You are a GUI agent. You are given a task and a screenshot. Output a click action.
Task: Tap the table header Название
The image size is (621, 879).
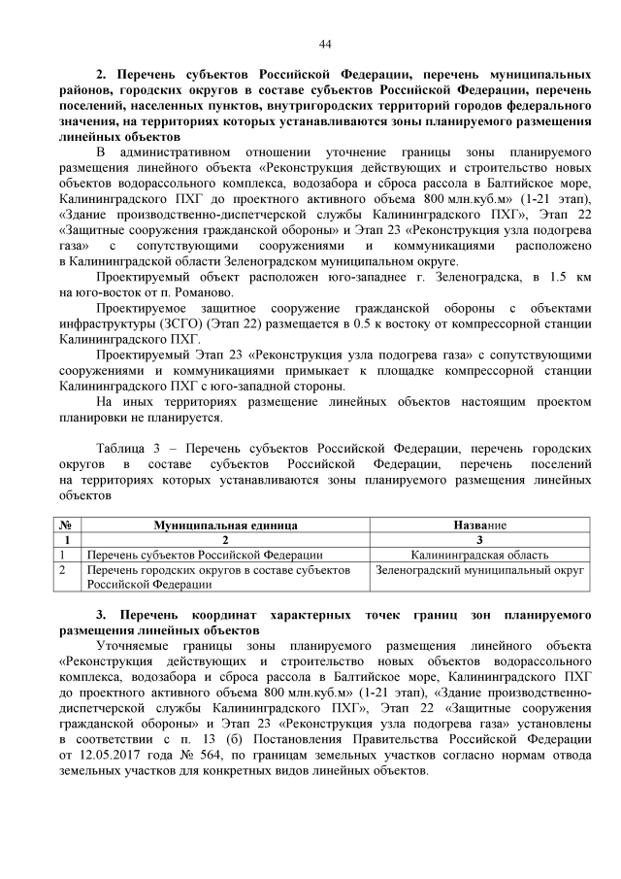(479, 524)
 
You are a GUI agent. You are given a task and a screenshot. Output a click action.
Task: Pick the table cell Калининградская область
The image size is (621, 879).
(479, 554)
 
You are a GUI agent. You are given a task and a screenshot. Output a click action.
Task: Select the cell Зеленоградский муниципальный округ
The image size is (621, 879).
(479, 570)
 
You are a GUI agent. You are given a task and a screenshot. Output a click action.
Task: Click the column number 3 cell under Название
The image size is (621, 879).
(479, 539)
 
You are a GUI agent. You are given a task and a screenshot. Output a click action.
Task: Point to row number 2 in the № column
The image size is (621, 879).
(64, 570)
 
